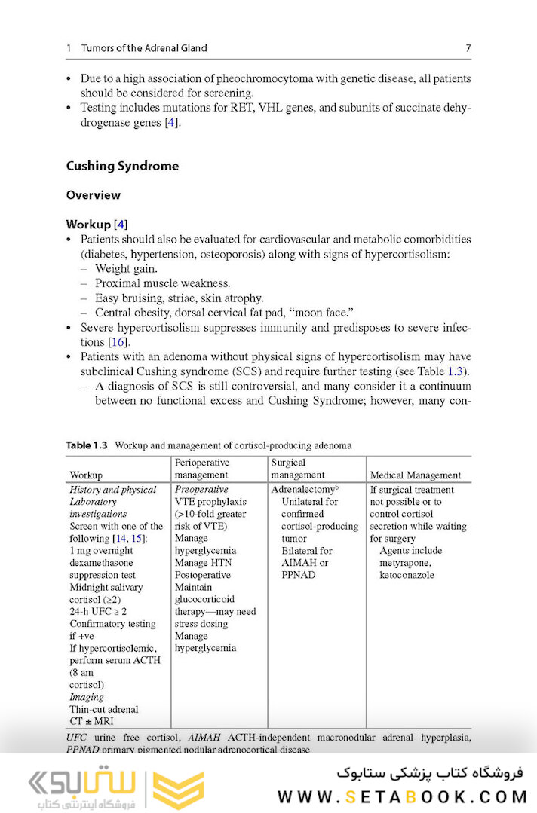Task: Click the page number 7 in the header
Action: [468, 48]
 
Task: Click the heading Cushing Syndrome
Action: [122, 166]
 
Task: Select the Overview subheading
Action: [93, 195]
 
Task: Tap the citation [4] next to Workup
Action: [120, 225]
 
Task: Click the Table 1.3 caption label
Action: [87, 445]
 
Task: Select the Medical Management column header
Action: [415, 475]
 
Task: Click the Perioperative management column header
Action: [202, 469]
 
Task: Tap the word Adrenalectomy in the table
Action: [302, 490]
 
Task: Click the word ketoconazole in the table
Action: [407, 575]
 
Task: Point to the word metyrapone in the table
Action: [404, 563]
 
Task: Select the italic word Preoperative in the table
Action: [201, 490]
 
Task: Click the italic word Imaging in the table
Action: [86, 697]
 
